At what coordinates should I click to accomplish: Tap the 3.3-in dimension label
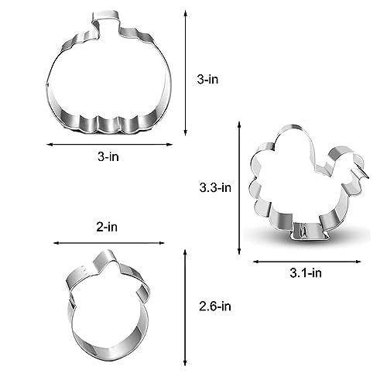pos(215,187)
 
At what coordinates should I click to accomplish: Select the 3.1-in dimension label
pos(306,273)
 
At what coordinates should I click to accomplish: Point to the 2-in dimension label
pos(107,227)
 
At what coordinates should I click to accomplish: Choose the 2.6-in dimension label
pos(215,307)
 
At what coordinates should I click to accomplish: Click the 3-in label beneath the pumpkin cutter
pos(108,156)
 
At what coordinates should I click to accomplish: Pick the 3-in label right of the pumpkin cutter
pos(207,79)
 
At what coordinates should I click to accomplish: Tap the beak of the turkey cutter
pos(362,173)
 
